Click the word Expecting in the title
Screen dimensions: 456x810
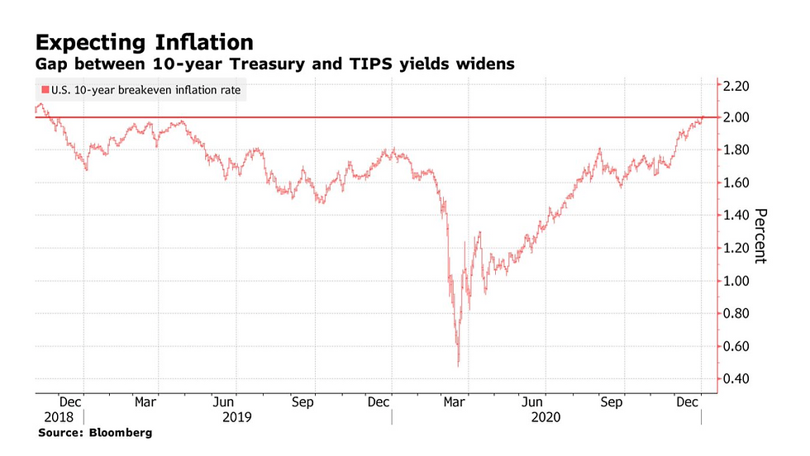point(87,42)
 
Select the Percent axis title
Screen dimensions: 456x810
point(761,235)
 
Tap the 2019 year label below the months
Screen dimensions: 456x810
point(237,418)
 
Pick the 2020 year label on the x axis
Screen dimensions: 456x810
point(546,418)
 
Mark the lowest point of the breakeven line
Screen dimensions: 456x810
point(458,365)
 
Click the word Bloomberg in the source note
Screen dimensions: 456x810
point(122,433)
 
